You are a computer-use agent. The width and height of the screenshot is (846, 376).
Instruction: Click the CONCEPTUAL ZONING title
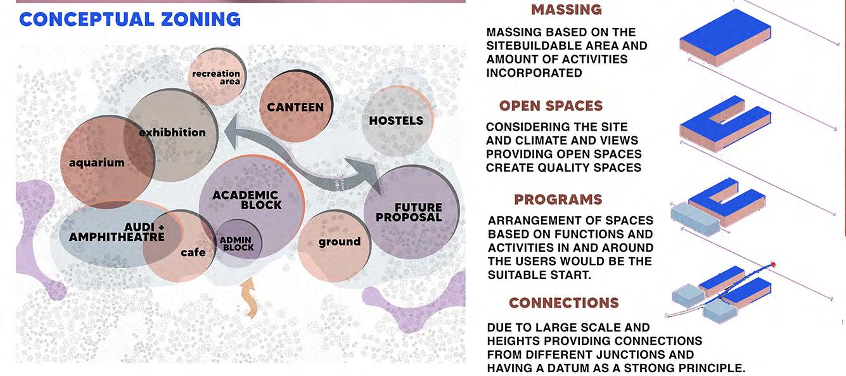point(130,19)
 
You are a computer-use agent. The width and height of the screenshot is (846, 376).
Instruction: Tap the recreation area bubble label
point(216,77)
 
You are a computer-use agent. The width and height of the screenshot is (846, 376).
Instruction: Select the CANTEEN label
point(295,107)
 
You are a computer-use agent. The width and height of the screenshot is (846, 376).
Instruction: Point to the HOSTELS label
point(396,120)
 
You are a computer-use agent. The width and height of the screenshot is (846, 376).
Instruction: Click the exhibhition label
point(172,133)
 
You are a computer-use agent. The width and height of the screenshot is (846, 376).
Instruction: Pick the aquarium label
point(97,162)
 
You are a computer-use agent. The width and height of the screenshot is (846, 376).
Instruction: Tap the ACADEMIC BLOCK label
point(245,200)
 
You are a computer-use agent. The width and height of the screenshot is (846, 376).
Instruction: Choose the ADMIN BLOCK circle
point(238,243)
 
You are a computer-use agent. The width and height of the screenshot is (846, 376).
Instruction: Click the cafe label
point(193,252)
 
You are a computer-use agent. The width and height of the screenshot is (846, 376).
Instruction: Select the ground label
point(339,242)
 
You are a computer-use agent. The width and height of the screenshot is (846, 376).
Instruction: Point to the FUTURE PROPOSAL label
point(409,212)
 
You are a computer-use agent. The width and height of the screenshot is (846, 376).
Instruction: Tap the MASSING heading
point(566,10)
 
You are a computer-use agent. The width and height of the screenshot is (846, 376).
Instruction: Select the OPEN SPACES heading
point(551,106)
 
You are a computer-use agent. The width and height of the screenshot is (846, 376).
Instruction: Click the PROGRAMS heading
point(558,200)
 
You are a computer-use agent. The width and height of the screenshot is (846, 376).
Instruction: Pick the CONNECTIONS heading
point(563,303)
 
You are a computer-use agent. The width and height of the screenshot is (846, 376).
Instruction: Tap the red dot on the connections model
point(773,264)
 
